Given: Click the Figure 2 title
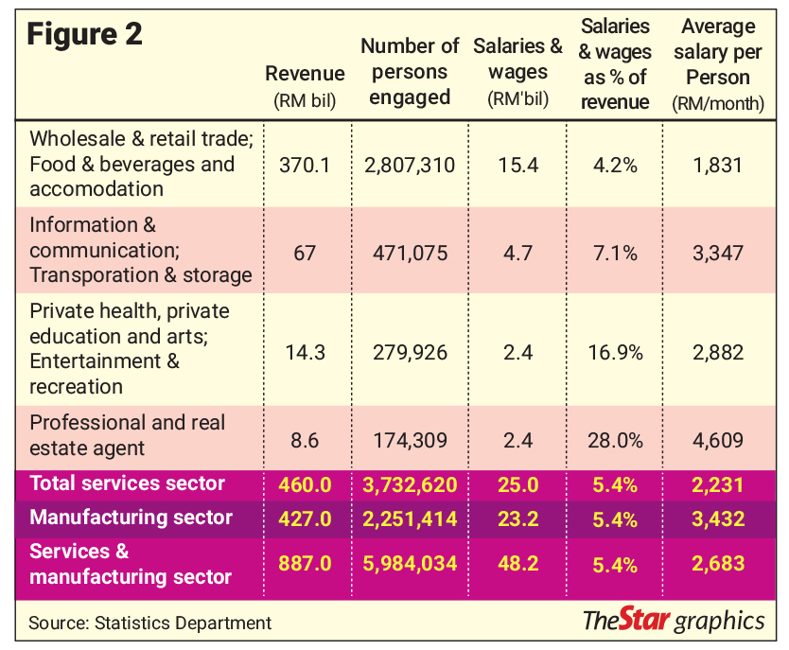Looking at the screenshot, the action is [84, 34].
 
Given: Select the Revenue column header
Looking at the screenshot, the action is [305, 86].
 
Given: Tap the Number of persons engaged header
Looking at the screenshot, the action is [410, 72].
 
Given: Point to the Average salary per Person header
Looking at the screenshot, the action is [718, 64].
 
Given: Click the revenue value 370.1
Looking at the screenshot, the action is [305, 165].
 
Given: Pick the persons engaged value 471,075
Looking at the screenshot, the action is [410, 253].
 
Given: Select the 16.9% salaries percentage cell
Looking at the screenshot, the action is [615, 353].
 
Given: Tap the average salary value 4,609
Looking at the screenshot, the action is [718, 441].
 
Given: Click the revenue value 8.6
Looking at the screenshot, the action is [305, 441].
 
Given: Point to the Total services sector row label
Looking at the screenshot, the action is [128, 483].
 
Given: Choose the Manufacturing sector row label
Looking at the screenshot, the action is [131, 518].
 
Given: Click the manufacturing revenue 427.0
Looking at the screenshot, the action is [305, 518].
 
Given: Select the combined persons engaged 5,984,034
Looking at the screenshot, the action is [410, 564].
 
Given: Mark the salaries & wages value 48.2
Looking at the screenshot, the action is [518, 564].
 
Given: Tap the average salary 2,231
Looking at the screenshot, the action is [718, 485].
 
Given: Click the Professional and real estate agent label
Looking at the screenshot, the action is [128, 435].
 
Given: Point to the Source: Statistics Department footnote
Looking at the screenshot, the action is [150, 623].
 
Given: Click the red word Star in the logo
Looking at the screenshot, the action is [644, 619].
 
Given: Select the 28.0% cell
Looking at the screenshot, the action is [615, 441].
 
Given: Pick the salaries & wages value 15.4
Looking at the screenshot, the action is [518, 165].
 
